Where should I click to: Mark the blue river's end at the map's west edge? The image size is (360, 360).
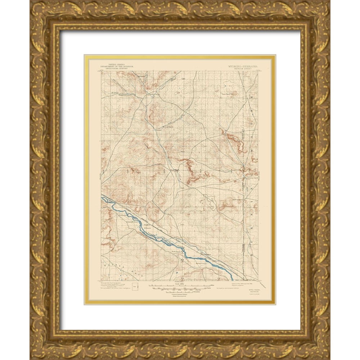tap(102, 197)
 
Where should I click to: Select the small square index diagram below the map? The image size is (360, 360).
tap(135, 287)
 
